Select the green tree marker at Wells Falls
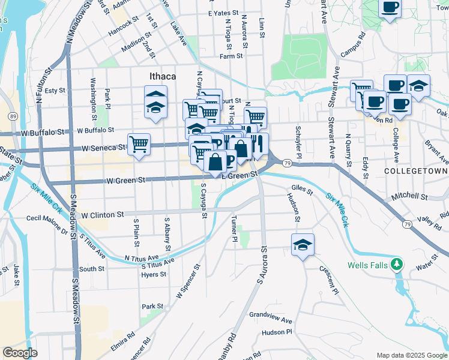[x=396, y=264]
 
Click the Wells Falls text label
[x=367, y=265]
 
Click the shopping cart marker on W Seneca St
[x=139, y=145]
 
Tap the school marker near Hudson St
[x=303, y=245]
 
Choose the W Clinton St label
[x=102, y=214]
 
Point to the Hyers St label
[x=153, y=274]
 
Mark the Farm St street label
[x=231, y=56]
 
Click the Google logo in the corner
[x=20, y=353]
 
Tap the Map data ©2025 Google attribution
[x=411, y=355]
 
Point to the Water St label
[x=427, y=262]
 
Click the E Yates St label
[x=223, y=13]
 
